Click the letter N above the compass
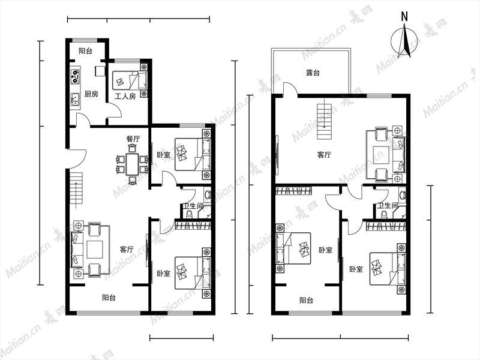coord(404,16)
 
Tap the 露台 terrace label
coord(313,73)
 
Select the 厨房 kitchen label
coord(91,94)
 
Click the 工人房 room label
coord(125,97)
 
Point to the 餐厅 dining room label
coord(133,139)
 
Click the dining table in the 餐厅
coord(133,164)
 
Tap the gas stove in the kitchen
coord(75,76)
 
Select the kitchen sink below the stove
coord(75,100)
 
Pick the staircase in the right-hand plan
coord(324,121)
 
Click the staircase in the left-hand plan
coord(76,188)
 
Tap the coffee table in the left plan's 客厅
coord(95,250)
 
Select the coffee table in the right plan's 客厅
coord(381,155)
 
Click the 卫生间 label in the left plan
coord(193,206)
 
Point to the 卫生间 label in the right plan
coord(388,205)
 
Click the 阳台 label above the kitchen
coord(85,51)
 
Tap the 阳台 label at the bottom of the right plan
coord(306,301)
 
